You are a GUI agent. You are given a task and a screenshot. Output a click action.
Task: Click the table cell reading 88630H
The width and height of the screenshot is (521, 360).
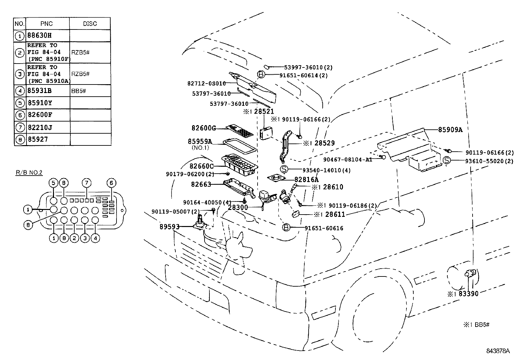(x=40, y=35)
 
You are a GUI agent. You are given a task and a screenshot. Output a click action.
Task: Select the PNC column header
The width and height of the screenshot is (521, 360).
(x=46, y=24)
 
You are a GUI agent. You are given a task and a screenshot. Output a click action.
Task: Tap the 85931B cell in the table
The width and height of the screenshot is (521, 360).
(x=40, y=91)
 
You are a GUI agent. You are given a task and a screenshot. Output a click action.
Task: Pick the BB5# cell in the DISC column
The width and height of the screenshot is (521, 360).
(x=79, y=91)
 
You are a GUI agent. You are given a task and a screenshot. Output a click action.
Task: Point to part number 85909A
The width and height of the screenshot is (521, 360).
(x=450, y=129)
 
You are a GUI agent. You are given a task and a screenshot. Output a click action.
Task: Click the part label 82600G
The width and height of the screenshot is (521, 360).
(x=204, y=128)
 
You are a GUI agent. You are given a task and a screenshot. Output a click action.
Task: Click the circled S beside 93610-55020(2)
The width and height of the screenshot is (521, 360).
(x=447, y=161)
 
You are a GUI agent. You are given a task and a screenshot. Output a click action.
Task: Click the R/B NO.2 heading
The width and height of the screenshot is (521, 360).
(x=29, y=172)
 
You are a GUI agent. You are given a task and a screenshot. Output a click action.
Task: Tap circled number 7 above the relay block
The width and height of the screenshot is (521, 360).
(x=86, y=183)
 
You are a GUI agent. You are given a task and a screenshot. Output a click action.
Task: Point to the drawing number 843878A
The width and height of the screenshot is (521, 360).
(x=498, y=351)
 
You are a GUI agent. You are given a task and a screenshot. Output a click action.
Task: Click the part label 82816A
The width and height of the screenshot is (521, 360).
(x=306, y=179)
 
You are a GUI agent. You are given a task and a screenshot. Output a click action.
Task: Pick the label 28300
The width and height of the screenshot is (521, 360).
(x=238, y=207)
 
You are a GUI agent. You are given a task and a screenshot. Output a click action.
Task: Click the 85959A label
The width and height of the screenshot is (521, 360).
(x=200, y=142)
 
